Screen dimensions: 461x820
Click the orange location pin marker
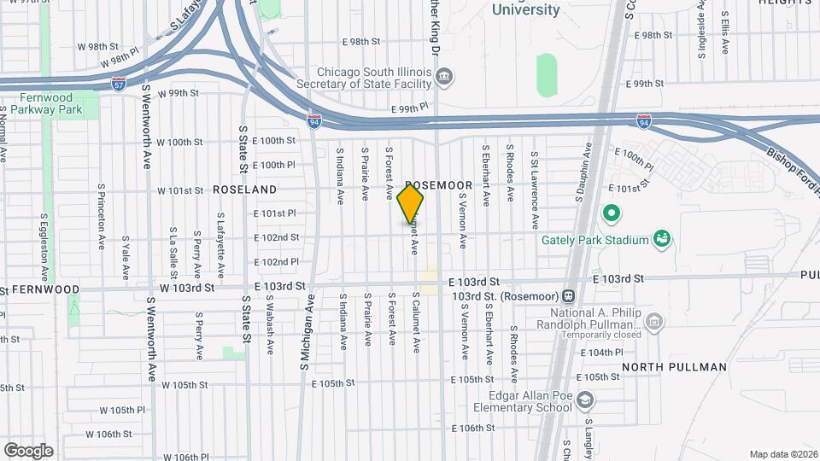pos(410,205)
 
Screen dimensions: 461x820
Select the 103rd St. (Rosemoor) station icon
pos(568,296)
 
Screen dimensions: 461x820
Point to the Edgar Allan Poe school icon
pos(585,400)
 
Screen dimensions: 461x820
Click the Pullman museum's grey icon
pos(654,321)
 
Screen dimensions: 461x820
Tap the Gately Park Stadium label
pos(595,240)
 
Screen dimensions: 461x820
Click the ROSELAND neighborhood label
pos(244,189)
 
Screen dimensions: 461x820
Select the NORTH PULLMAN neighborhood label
pos(674,367)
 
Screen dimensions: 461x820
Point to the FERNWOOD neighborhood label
pos(46,290)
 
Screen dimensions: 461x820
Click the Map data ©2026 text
pos(782,454)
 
